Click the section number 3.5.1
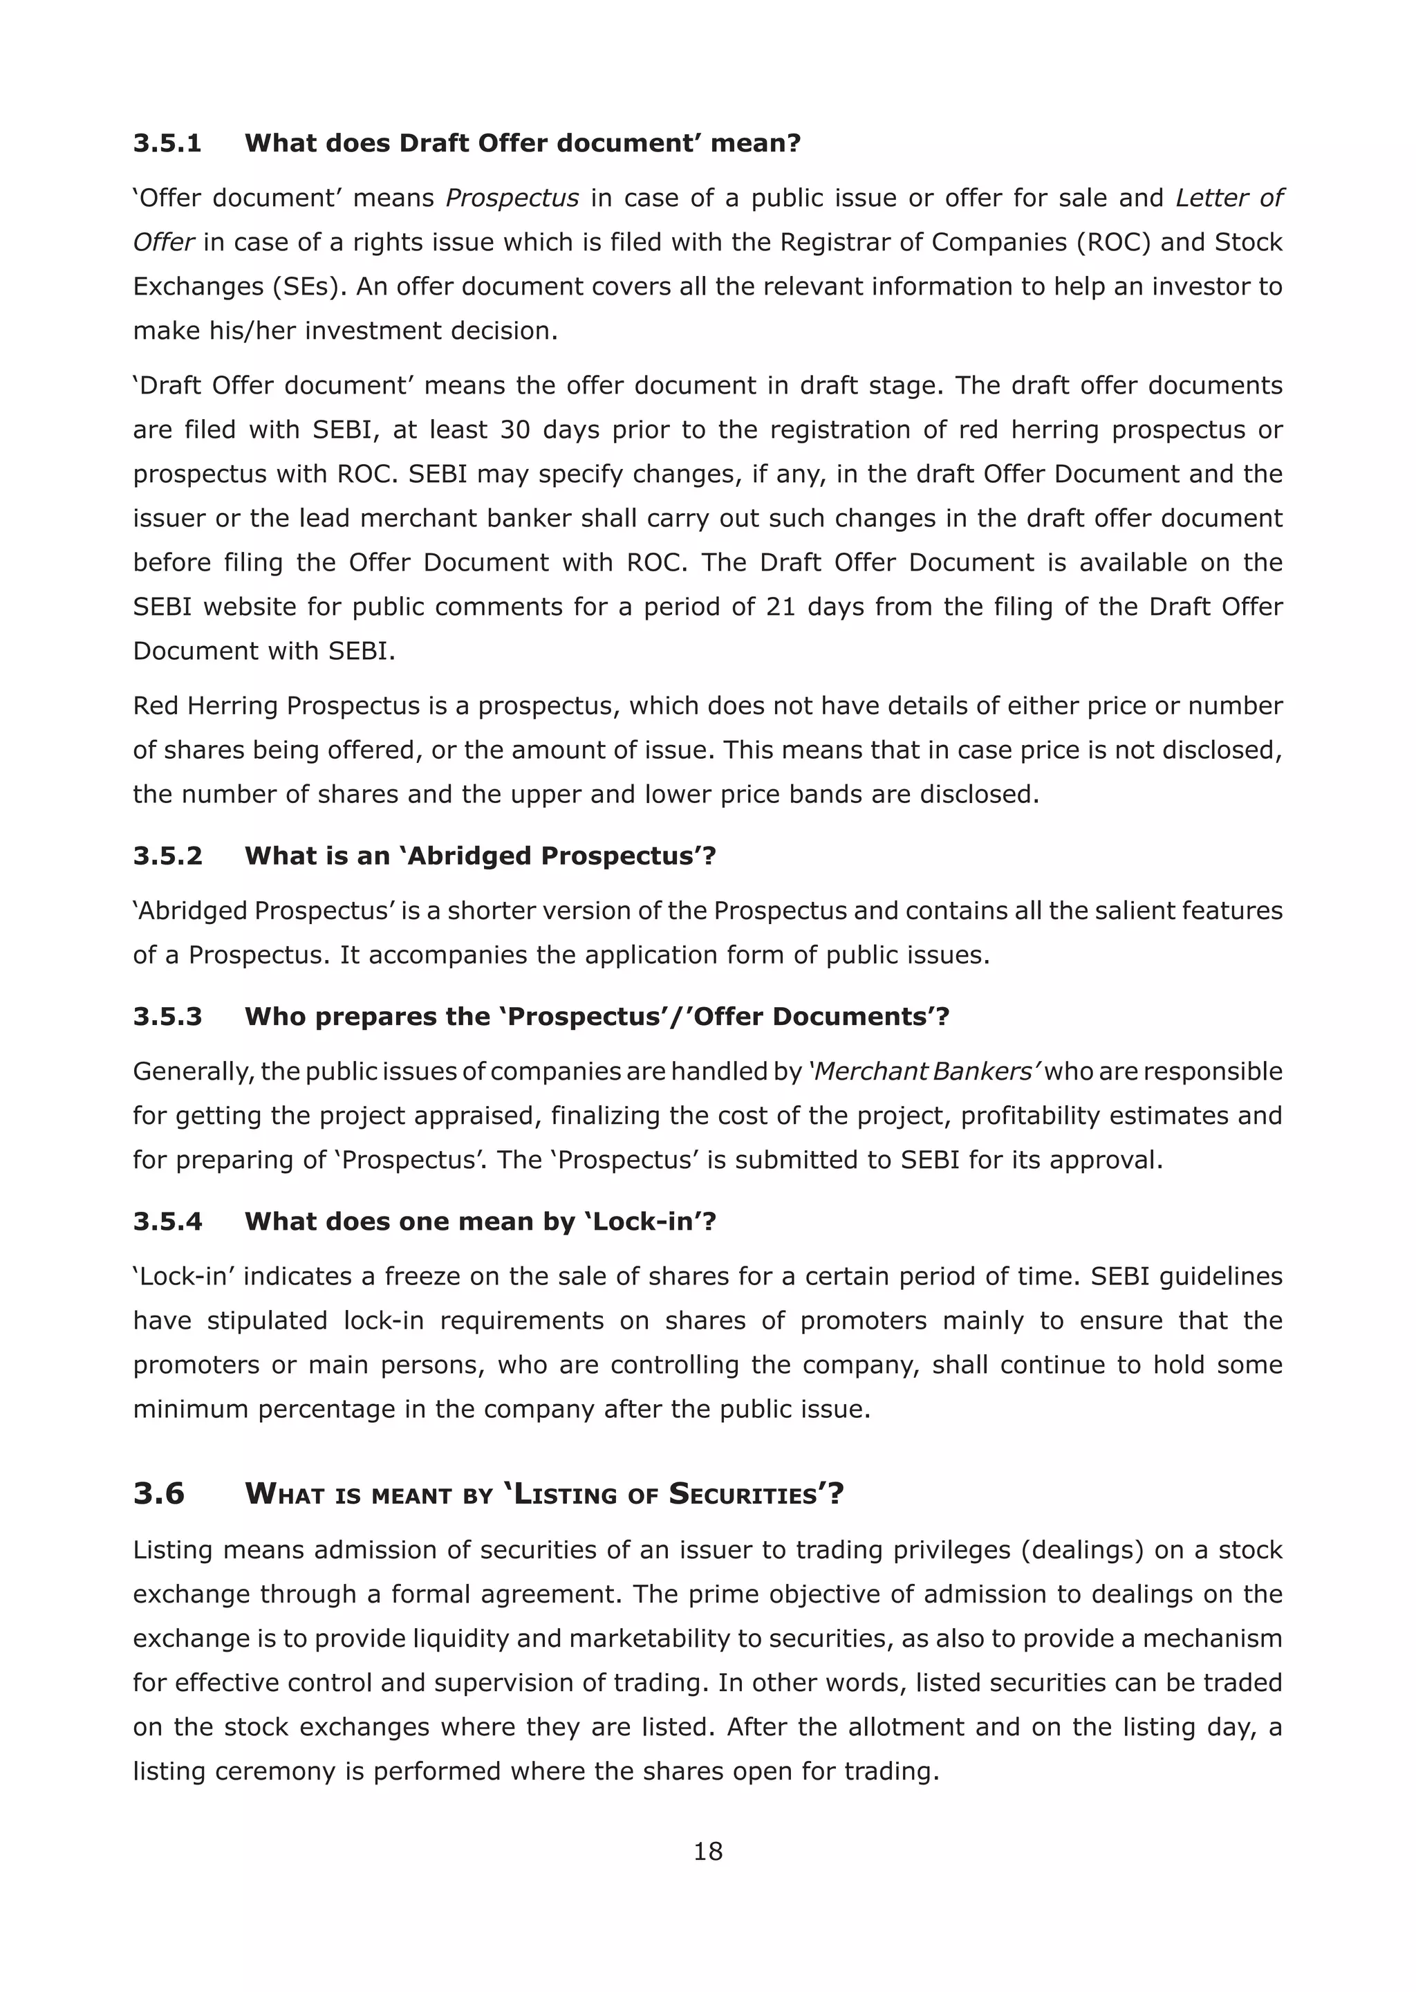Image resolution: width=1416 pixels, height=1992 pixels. [167, 143]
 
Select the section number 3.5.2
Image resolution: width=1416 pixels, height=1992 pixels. [167, 856]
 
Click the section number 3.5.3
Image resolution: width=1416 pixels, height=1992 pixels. [167, 1016]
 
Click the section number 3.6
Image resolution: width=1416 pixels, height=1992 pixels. [159, 1494]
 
